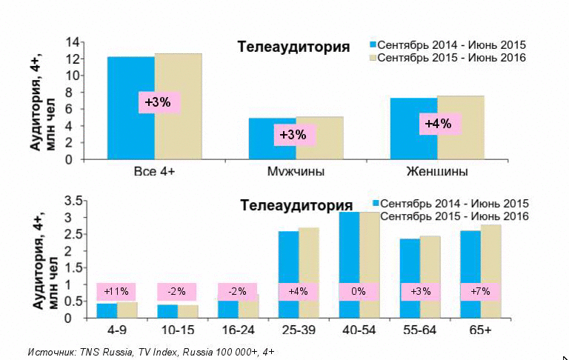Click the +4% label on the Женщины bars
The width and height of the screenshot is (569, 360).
point(437,124)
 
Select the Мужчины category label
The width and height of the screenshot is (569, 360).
point(295,172)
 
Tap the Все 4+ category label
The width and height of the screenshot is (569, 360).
point(154,172)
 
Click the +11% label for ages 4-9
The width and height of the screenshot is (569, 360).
point(116,292)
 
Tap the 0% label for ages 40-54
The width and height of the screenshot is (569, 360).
point(359,292)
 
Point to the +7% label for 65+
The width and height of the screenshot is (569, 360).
point(480,292)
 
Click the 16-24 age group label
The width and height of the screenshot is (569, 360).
point(237,329)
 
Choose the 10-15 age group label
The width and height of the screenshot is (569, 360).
point(176,329)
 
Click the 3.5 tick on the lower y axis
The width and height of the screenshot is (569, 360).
point(73,201)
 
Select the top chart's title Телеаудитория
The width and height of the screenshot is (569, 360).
point(293,47)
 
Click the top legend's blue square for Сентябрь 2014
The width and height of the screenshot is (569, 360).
point(373,44)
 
